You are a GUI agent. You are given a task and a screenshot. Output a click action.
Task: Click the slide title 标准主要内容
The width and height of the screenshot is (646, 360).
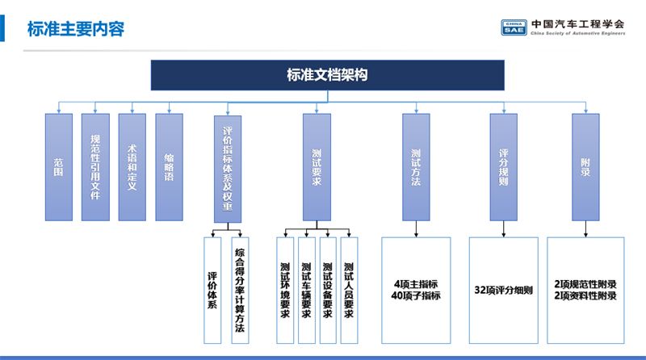[76, 29]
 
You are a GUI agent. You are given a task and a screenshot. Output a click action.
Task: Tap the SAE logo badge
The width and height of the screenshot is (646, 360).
[514, 27]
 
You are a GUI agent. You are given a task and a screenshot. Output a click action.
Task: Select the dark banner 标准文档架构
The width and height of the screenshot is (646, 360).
[328, 75]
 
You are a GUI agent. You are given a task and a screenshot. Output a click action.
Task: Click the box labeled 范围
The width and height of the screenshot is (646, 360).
[59, 167]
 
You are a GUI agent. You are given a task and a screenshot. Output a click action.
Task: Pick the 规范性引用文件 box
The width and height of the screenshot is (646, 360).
[95, 167]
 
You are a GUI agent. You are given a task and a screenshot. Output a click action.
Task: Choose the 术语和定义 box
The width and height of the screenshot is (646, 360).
[132, 167]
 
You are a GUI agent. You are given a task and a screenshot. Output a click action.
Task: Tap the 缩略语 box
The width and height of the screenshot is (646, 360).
[170, 167]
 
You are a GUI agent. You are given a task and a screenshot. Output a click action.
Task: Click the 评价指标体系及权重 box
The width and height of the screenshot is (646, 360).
[228, 169]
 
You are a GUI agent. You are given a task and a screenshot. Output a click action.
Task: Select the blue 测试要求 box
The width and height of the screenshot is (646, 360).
[317, 167]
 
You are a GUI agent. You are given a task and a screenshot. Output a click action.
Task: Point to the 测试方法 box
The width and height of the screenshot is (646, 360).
[416, 167]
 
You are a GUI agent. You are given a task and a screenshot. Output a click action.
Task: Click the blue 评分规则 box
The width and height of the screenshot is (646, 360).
[503, 167]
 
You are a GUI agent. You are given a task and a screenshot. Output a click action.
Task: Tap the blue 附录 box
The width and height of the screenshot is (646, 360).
[586, 167]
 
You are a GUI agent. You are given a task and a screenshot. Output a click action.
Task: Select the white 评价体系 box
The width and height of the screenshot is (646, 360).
[212, 291]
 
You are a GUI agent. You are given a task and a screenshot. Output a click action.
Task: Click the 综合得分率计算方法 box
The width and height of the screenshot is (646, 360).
[240, 291]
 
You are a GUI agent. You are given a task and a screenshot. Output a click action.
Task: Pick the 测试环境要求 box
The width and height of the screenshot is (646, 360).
[285, 291]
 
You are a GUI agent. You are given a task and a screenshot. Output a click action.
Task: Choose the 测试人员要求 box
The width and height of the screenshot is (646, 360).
[349, 291]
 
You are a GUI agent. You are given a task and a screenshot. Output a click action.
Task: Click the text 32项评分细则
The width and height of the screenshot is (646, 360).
[503, 291]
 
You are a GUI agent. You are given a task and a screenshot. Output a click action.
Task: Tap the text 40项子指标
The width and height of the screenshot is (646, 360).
[416, 295]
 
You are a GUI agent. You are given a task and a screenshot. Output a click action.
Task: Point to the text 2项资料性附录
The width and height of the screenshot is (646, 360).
[585, 295]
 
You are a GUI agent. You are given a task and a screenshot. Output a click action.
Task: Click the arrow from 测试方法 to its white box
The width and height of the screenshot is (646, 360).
[416, 229]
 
